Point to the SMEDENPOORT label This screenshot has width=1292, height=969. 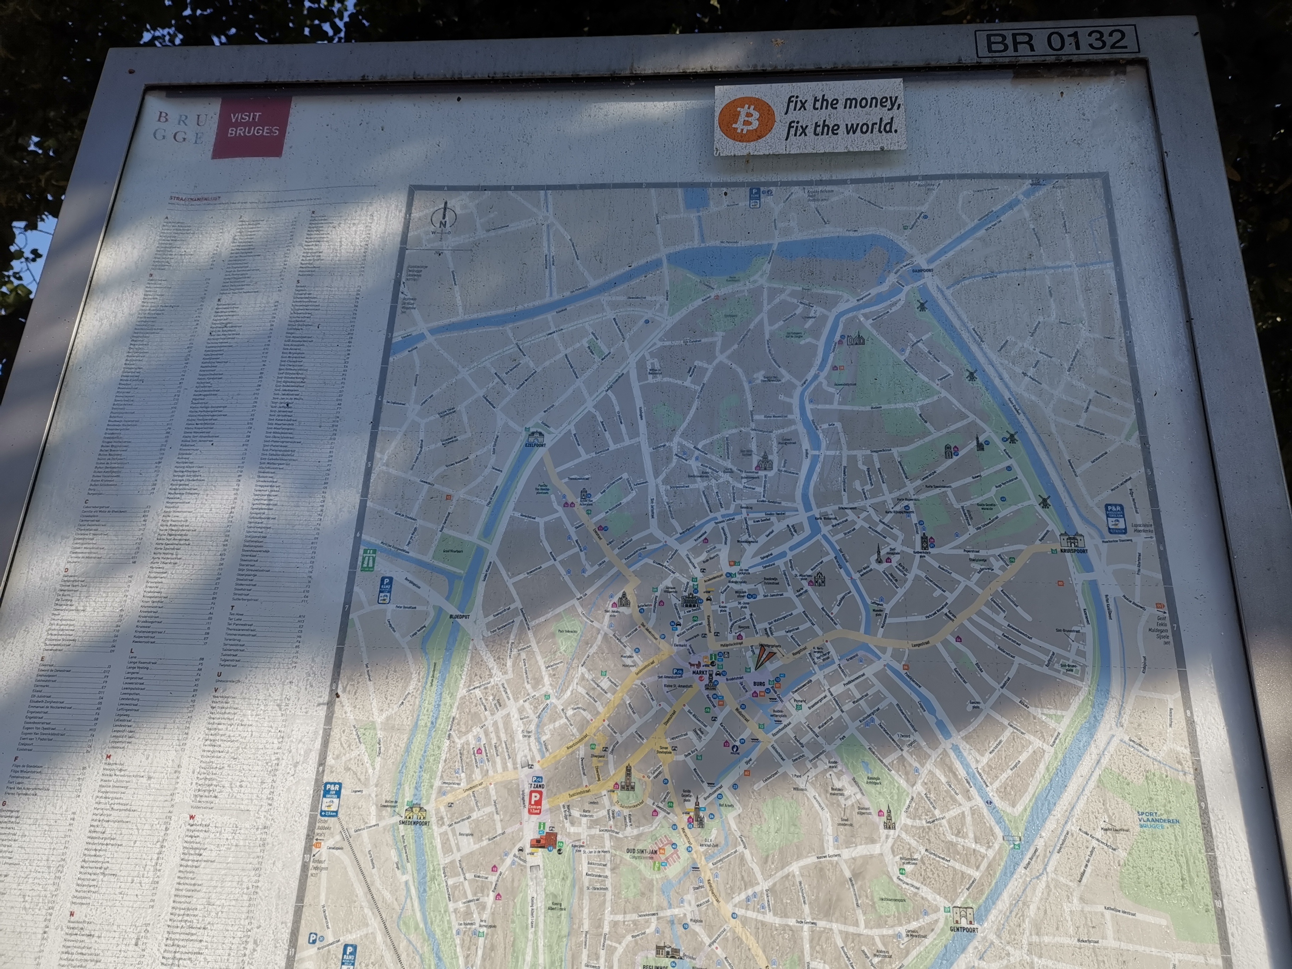(x=414, y=823)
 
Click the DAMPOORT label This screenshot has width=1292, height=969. (x=922, y=271)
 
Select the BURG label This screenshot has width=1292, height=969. (x=759, y=684)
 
